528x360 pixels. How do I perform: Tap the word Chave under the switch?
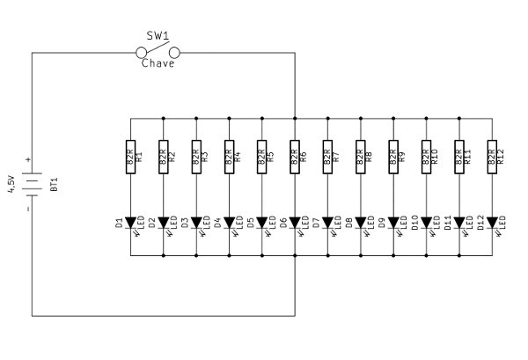pyautogui.click(x=158, y=64)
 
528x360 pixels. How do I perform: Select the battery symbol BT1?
pyautogui.click(x=33, y=185)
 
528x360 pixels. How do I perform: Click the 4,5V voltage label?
pyautogui.click(x=11, y=182)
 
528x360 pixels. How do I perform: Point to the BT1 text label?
pyautogui.click(x=55, y=185)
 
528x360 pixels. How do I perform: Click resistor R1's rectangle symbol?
pyautogui.click(x=130, y=158)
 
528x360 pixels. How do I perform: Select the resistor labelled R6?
pyautogui.click(x=295, y=158)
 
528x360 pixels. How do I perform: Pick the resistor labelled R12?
pyautogui.click(x=491, y=158)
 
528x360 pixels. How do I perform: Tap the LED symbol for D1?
pyautogui.click(x=130, y=223)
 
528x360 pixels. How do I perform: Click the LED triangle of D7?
pyautogui.click(x=327, y=223)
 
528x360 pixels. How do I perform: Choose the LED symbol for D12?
pyautogui.click(x=491, y=223)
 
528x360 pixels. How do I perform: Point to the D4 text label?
pyautogui.click(x=217, y=225)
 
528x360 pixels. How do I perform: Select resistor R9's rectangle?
pyautogui.click(x=392, y=158)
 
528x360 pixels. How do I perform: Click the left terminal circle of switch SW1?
pyautogui.click(x=139, y=54)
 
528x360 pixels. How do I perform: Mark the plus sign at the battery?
pyautogui.click(x=28, y=159)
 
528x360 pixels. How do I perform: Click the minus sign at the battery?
pyautogui.click(x=28, y=209)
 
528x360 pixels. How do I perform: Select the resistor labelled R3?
pyautogui.click(x=195, y=158)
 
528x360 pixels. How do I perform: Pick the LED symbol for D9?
pyautogui.click(x=392, y=223)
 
